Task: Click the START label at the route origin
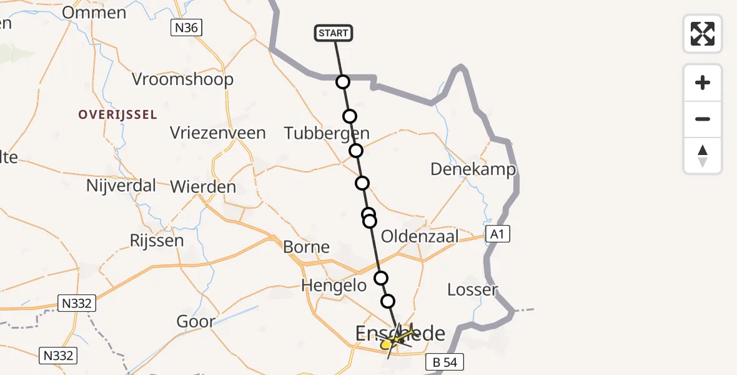(x=334, y=33)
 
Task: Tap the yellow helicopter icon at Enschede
(x=396, y=340)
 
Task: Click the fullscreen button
(x=703, y=34)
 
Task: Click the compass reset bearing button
(x=703, y=156)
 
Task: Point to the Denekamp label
(x=473, y=169)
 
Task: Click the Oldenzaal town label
(x=420, y=237)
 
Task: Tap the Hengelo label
(x=334, y=286)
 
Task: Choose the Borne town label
(x=306, y=247)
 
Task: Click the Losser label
(x=473, y=289)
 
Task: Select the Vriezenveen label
(x=218, y=133)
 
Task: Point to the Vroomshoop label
(x=183, y=79)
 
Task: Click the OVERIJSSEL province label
(x=117, y=115)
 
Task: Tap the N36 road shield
(x=188, y=27)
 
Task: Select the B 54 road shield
(x=445, y=362)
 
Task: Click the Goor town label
(x=196, y=322)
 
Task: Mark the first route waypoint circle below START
(x=342, y=82)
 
